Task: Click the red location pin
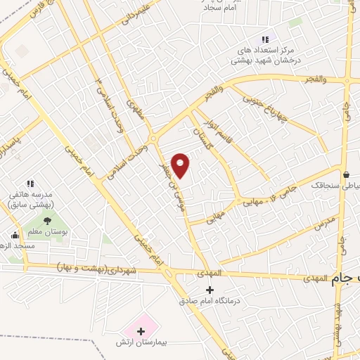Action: pyautogui.click(x=181, y=165)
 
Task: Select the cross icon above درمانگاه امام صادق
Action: pyautogui.click(x=209, y=290)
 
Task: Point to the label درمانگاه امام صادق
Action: pyautogui.click(x=210, y=302)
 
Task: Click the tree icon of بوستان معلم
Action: pyautogui.click(x=47, y=221)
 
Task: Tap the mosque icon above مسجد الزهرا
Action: pyautogui.click(x=15, y=236)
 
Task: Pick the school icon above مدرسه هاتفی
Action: pyautogui.click(x=30, y=183)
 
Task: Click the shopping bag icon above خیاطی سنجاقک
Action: pyautogui.click(x=345, y=174)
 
